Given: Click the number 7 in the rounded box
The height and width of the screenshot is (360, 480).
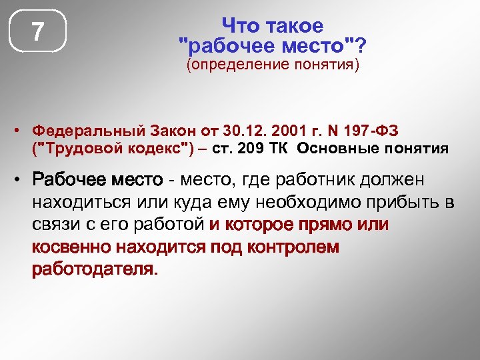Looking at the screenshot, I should click(38, 31).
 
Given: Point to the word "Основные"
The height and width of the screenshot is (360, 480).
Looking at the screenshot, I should click(337, 148).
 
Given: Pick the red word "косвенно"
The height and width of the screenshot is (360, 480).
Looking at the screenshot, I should click(71, 248).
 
